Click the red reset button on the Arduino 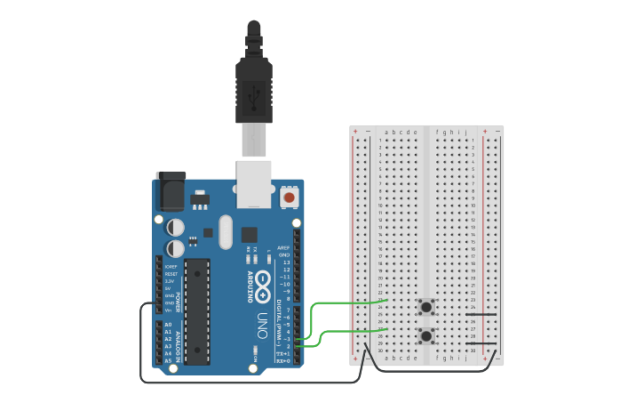pos(289,197)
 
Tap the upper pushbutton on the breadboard pos(427,308)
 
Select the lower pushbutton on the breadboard pos(427,336)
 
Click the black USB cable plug pos(253,89)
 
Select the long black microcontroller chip pos(197,311)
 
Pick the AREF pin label pos(283,248)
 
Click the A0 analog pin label pos(168,325)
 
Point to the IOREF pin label pos(171,266)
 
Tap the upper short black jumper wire pos(481,315)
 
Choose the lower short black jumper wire pos(481,343)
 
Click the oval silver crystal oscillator pos(225,232)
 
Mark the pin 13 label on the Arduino pos(285,262)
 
